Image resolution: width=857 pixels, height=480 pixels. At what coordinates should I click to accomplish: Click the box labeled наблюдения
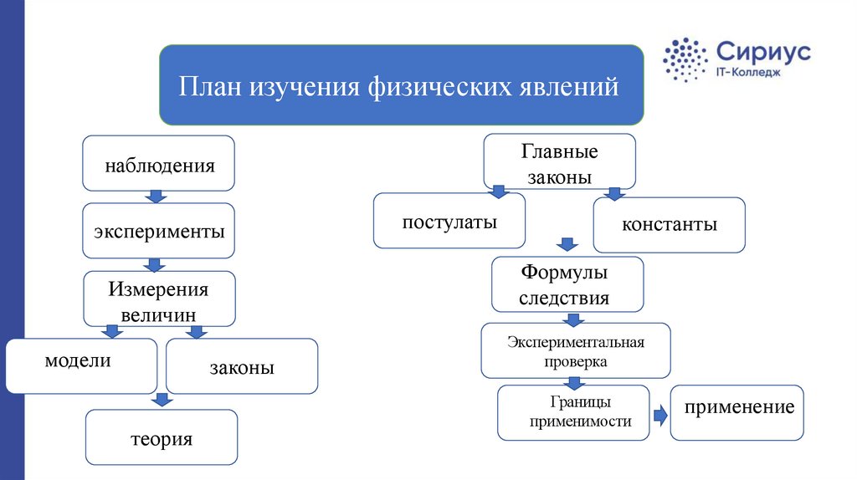[158, 163]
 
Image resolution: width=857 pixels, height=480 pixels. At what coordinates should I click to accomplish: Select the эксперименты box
[158, 231]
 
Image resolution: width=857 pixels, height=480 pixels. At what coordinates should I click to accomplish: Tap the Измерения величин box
[159, 299]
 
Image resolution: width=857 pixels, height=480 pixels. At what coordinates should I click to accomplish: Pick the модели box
[81, 366]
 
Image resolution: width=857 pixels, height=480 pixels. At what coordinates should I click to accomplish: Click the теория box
[162, 437]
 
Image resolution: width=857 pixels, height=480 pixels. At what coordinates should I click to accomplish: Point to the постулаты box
[449, 221]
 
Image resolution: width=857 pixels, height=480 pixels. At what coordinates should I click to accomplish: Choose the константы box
[669, 225]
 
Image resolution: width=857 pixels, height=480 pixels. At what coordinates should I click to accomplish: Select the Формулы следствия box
[567, 284]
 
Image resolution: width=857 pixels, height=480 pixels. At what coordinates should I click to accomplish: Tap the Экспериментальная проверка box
[576, 350]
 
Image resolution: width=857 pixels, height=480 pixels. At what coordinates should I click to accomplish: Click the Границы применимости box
[573, 413]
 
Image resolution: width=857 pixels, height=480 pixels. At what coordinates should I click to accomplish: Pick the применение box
[736, 413]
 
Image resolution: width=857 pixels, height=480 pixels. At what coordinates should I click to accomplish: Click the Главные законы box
[559, 161]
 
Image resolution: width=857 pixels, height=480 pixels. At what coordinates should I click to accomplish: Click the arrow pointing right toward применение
[661, 416]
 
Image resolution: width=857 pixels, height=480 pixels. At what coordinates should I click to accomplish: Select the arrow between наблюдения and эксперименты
[156, 197]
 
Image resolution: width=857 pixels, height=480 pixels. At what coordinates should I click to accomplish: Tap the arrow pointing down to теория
[162, 400]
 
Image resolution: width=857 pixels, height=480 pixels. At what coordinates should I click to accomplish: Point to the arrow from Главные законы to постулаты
[499, 191]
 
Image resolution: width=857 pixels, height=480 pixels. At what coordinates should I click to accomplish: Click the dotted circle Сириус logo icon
[685, 59]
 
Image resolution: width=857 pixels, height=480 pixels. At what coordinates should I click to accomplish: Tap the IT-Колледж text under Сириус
[748, 72]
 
